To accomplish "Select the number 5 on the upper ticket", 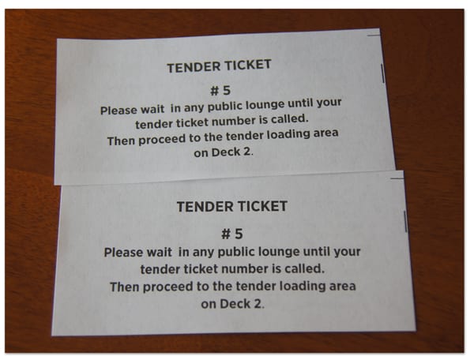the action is point(227,91).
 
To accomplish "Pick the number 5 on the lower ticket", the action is point(239,234).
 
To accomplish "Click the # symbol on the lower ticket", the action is point(226,234).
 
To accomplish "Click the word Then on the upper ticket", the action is point(121,141).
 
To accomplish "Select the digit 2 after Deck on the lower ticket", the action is point(258,304).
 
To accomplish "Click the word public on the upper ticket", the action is point(224,107).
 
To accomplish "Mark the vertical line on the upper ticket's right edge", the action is point(382,73).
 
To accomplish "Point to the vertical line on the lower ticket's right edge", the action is point(405,222).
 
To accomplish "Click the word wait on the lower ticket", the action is point(160,252).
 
